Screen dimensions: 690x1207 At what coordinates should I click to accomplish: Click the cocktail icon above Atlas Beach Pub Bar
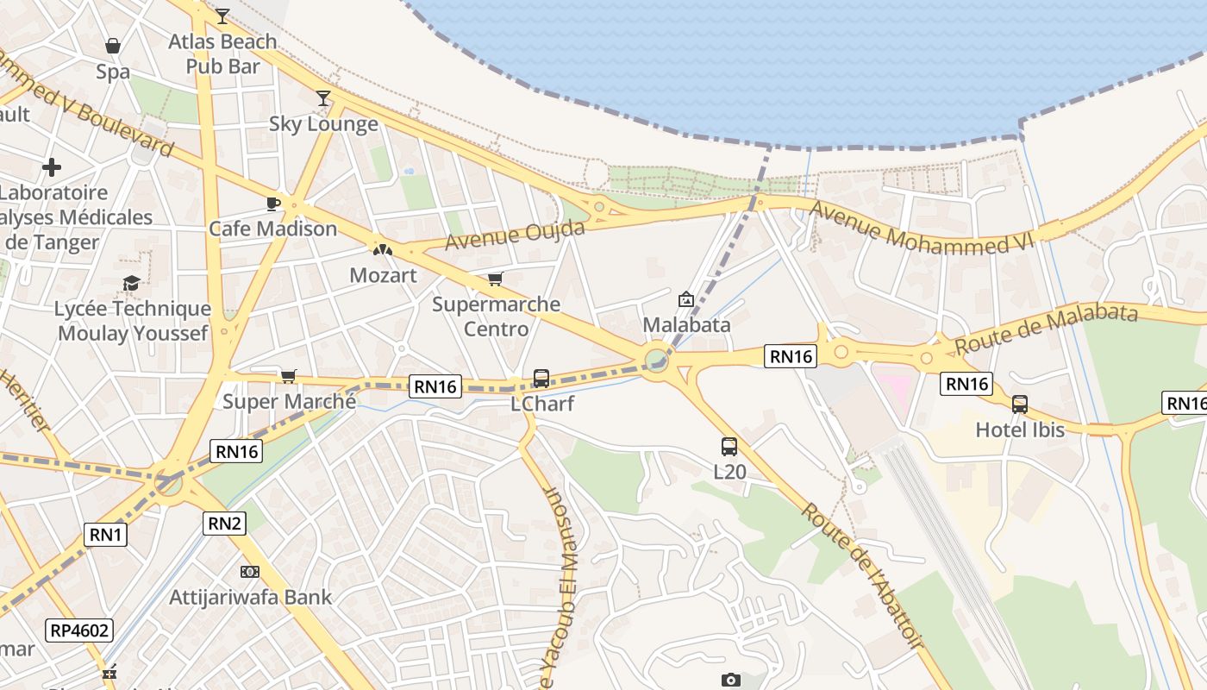click(222, 16)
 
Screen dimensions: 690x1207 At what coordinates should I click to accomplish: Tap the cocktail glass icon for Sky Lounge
click(323, 98)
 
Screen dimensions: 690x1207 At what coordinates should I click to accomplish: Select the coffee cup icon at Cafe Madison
click(272, 204)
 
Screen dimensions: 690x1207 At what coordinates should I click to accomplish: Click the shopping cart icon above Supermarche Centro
click(495, 279)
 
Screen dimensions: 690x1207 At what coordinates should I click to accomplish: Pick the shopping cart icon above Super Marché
click(288, 376)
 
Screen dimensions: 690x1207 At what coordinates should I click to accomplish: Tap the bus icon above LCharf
click(541, 378)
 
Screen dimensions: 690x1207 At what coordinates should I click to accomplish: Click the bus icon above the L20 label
click(729, 447)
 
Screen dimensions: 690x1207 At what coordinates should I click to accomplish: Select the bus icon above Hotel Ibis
click(1020, 404)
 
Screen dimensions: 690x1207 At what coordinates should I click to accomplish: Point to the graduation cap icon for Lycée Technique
click(131, 283)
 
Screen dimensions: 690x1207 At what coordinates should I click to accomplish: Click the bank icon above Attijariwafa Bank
click(250, 571)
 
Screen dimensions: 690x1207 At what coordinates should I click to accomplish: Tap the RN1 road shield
click(107, 535)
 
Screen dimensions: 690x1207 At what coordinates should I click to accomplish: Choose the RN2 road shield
click(224, 523)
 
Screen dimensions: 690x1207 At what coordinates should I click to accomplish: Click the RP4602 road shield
click(80, 630)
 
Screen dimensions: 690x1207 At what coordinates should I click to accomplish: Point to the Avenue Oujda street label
click(515, 235)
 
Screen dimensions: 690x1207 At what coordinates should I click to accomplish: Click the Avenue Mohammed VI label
click(921, 229)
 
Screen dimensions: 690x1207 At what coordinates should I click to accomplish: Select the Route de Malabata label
click(1045, 329)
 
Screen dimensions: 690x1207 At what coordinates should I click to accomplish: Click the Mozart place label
click(383, 276)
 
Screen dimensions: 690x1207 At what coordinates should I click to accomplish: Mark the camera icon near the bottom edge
click(730, 680)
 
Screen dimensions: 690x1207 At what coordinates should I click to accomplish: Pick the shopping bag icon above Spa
click(113, 46)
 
